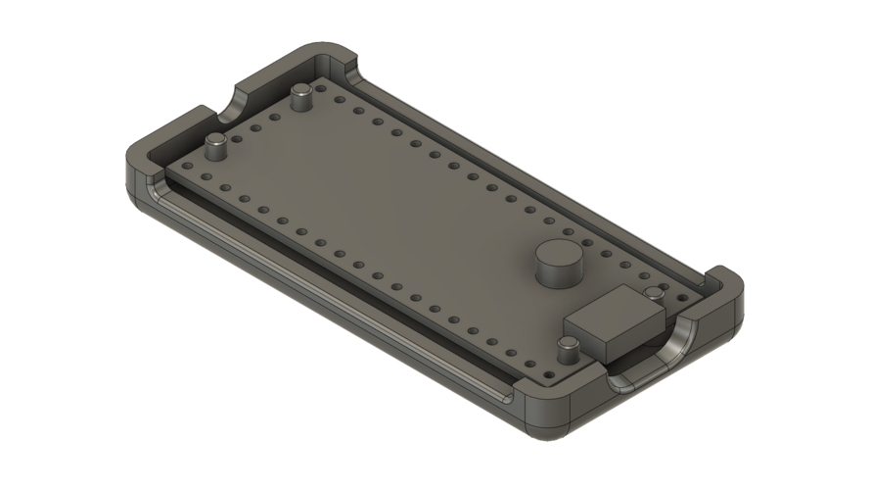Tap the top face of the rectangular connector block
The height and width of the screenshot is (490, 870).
(619, 308)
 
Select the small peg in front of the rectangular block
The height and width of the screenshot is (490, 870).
(567, 349)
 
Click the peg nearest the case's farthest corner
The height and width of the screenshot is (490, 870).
(301, 96)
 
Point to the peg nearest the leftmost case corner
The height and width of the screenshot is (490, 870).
(215, 147)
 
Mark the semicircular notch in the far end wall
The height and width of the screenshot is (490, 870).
(240, 100)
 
